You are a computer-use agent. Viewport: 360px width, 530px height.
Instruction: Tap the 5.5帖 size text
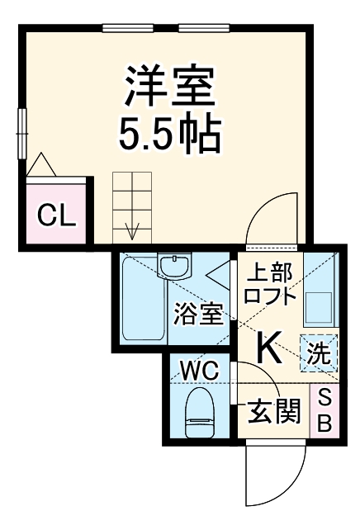tap(170, 134)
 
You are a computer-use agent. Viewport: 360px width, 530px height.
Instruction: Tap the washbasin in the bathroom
tap(175, 267)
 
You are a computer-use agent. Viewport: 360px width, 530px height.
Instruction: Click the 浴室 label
tap(198, 315)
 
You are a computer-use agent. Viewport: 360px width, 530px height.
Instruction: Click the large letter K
tap(270, 348)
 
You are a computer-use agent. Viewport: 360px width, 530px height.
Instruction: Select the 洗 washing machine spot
tap(319, 353)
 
